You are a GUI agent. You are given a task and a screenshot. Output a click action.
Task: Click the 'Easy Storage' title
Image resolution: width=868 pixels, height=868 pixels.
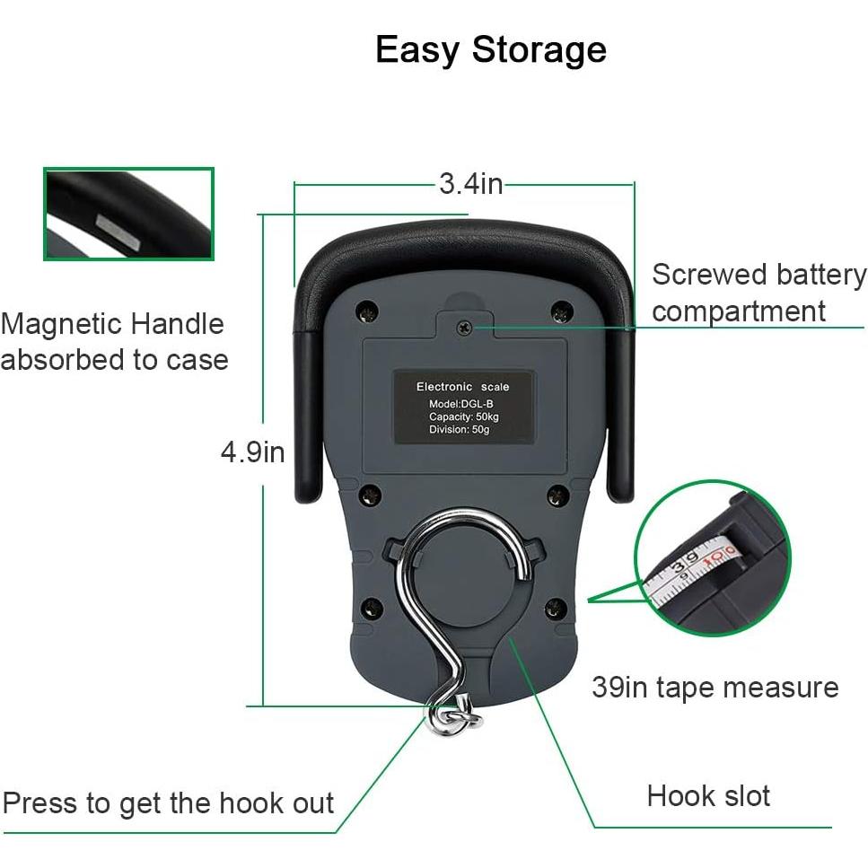(490, 49)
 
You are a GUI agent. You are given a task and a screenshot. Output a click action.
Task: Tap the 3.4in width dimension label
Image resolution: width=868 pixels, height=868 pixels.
(470, 184)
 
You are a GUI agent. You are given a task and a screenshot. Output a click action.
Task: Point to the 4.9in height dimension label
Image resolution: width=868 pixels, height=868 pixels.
(252, 452)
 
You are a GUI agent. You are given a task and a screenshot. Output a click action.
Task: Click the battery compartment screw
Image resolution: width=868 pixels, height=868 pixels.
(464, 328)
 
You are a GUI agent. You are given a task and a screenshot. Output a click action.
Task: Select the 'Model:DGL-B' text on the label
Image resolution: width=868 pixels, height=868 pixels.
(461, 404)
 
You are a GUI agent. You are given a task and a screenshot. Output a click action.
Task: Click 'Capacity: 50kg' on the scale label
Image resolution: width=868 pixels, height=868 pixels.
(462, 416)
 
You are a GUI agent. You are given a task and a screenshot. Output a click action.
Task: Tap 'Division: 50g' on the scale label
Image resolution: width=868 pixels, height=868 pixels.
(460, 430)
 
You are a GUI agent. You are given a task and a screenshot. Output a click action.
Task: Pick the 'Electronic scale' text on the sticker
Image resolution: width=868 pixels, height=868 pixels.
(462, 387)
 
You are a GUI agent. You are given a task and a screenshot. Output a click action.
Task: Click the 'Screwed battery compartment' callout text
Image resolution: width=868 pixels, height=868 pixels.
(758, 293)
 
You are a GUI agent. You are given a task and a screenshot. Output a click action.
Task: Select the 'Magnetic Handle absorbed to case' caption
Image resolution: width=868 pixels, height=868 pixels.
(114, 341)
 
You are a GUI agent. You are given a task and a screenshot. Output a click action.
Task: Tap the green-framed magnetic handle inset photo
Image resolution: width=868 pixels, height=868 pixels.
(129, 214)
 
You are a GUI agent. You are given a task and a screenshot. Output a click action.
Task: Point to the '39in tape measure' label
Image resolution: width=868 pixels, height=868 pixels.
(715, 688)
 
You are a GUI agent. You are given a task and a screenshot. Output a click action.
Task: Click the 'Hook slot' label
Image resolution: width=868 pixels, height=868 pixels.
(708, 795)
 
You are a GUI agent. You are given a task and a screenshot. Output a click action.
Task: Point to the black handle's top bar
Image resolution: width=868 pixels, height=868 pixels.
(464, 241)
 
